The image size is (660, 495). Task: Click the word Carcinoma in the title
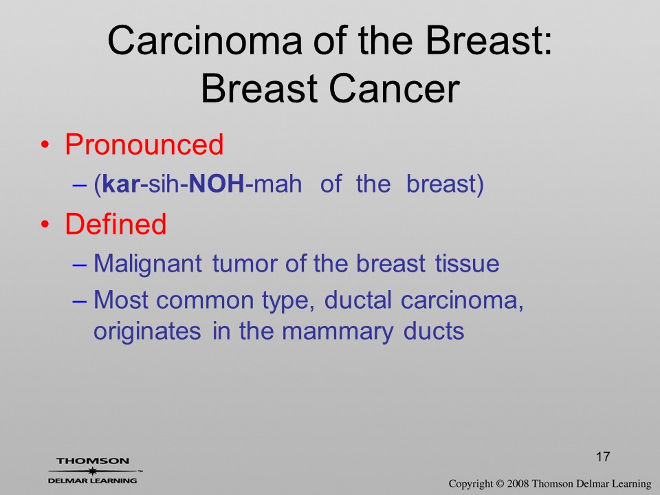tap(205, 41)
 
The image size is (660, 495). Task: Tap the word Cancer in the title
tap(394, 89)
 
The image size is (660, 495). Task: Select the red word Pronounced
tap(144, 144)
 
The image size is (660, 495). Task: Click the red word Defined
tap(115, 223)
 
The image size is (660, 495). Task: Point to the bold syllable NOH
tap(217, 184)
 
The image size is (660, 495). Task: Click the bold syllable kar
tap(121, 184)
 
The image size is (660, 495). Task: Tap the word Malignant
tap(147, 265)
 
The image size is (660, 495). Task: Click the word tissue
tap(467, 264)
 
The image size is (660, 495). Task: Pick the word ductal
tap(357, 300)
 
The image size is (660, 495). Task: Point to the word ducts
tap(434, 331)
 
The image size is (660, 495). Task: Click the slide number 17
tap(603, 456)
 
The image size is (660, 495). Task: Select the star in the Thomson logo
tap(91, 471)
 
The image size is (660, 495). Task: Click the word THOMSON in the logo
tap(93, 461)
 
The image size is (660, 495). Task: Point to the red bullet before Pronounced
tap(45, 145)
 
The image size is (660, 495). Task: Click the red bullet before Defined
tap(45, 224)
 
